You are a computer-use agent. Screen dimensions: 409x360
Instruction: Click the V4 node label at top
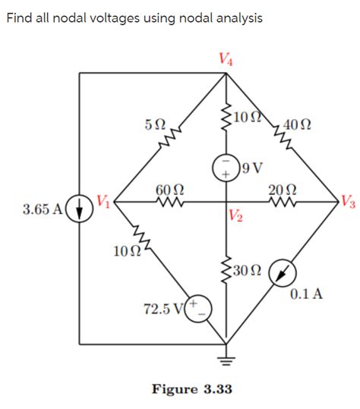tap(226, 58)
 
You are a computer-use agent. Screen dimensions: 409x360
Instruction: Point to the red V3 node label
tap(348, 202)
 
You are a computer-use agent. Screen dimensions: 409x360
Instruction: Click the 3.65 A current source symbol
tap(81, 206)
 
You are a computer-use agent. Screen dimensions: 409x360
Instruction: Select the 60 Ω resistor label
tap(167, 188)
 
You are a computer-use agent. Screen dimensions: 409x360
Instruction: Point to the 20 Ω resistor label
tap(283, 188)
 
